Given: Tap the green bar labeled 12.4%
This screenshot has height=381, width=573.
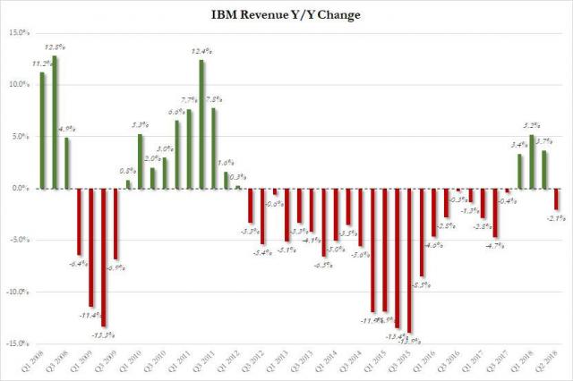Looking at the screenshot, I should [x=201, y=124].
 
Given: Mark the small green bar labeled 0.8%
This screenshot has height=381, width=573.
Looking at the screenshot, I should [x=128, y=184].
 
